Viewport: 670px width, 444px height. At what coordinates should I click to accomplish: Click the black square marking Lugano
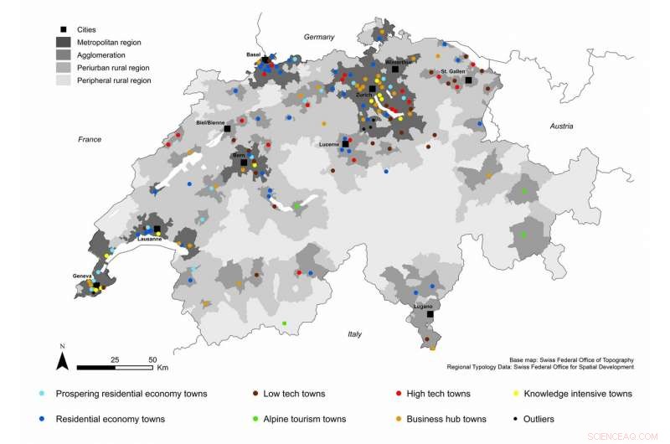pos(430,315)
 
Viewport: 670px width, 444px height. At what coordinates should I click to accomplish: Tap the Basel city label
pos(253,54)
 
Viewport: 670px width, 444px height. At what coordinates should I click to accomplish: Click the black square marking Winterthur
pos(394,70)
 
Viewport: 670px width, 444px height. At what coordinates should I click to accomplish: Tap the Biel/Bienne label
pos(210,122)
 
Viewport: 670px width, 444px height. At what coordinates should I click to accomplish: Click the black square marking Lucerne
pos(345,144)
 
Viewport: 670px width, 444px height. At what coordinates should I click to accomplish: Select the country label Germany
pos(319,37)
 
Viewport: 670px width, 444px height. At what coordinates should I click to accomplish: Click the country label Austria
pos(561,126)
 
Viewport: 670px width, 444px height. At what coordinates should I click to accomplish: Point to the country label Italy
pos(355,334)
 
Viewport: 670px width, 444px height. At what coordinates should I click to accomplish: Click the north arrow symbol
pos(62,360)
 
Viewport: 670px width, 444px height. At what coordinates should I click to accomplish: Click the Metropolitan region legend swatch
pos(64,42)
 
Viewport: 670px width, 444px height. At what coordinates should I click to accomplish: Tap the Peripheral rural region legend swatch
pos(64,80)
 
